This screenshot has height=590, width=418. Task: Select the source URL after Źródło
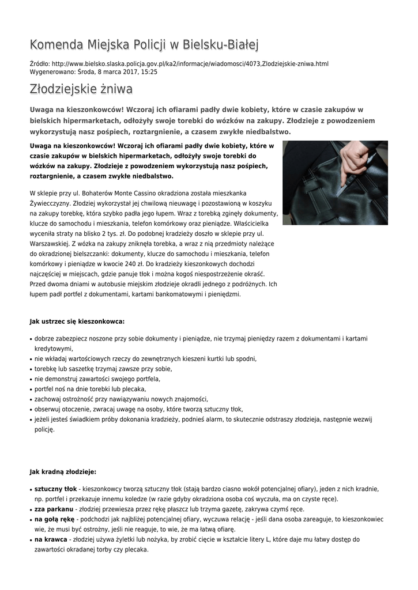click(x=190, y=64)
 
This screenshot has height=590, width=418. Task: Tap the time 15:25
click(x=149, y=73)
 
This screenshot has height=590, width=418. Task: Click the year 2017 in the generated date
click(x=125, y=73)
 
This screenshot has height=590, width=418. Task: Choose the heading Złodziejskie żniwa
click(x=81, y=89)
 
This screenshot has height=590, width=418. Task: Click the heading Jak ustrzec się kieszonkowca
click(x=77, y=321)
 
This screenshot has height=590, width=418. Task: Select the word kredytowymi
click(x=54, y=349)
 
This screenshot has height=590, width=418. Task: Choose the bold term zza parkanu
click(x=54, y=509)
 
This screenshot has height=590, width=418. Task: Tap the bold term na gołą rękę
click(x=55, y=519)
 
